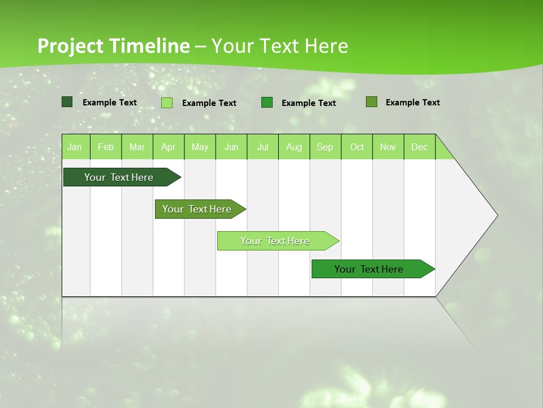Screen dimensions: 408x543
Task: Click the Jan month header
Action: click(75, 147)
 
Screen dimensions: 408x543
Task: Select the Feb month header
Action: click(106, 147)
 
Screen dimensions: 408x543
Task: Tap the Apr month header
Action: click(169, 147)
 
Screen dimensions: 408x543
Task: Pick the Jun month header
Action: click(231, 147)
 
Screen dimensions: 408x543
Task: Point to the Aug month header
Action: click(294, 147)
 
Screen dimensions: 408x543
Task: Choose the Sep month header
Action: click(325, 147)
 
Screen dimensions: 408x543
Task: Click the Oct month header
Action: click(357, 147)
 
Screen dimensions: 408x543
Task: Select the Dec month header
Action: click(420, 147)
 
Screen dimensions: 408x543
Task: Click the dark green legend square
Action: click(67, 102)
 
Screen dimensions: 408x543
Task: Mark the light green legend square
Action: click(167, 103)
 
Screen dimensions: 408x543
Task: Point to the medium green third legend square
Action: click(267, 103)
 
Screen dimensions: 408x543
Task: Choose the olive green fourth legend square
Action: click(372, 102)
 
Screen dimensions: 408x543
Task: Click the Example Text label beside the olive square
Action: click(412, 103)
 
